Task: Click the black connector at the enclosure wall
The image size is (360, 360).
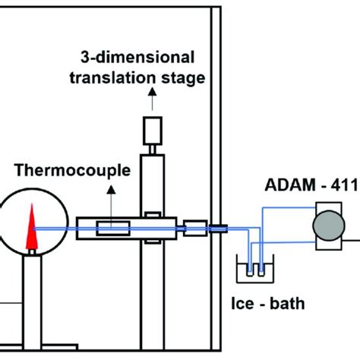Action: [219, 227]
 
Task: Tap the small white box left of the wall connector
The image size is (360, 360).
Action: [196, 227]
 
